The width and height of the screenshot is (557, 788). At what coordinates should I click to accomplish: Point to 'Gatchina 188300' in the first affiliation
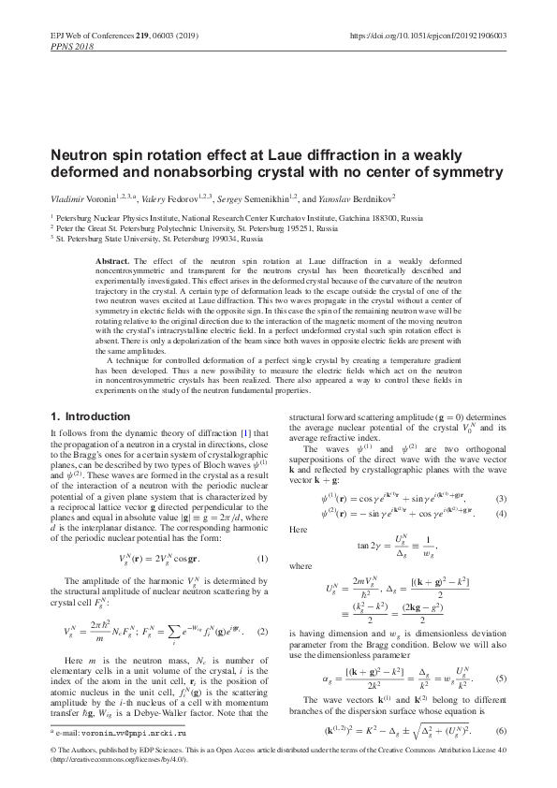[389, 216]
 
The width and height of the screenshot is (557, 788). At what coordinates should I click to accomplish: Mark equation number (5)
[501, 675]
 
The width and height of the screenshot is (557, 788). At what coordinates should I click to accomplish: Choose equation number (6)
[501, 730]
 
